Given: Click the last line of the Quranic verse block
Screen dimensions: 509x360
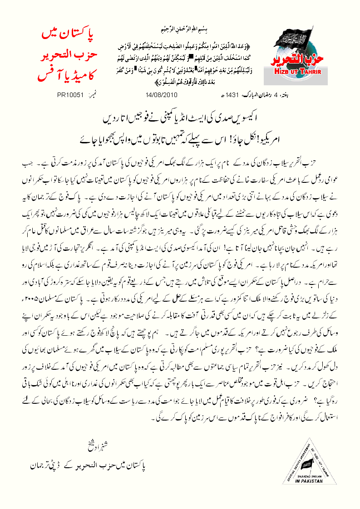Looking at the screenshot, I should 182,83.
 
